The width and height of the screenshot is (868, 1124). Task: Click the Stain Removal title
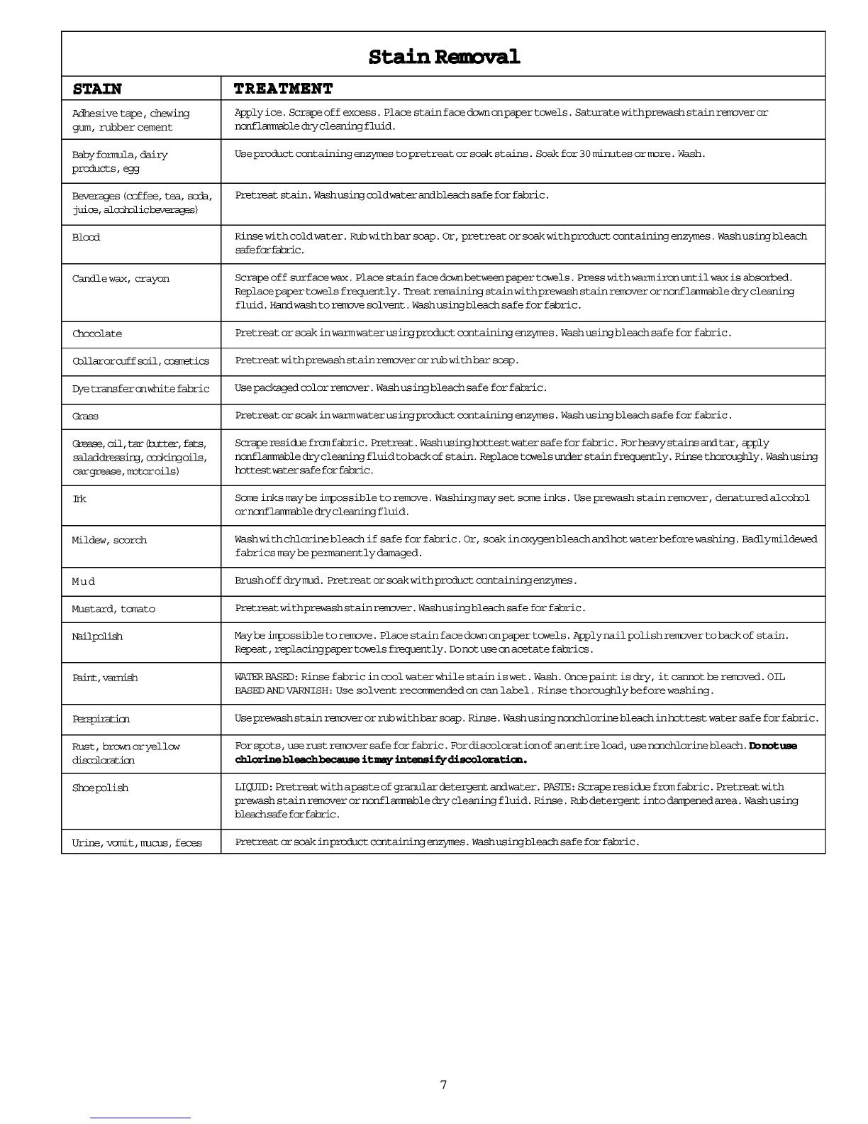pyautogui.click(x=444, y=57)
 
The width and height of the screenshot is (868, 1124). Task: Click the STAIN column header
pyautogui.click(x=97, y=89)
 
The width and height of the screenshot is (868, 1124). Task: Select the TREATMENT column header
pyautogui.click(x=283, y=89)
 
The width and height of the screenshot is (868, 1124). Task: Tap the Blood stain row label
pyautogui.click(x=86, y=237)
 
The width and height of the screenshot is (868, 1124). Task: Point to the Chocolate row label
pyautogui.click(x=97, y=334)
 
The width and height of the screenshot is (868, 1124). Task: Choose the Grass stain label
pyautogui.click(x=85, y=417)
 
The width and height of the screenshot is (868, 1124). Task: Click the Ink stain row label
pyautogui.click(x=79, y=499)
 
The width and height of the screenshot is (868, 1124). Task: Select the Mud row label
pyautogui.click(x=84, y=581)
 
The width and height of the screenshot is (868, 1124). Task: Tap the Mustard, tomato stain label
pyautogui.click(x=113, y=609)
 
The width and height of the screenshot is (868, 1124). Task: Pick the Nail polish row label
pyautogui.click(x=97, y=637)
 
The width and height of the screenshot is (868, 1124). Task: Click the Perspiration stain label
pyautogui.click(x=101, y=719)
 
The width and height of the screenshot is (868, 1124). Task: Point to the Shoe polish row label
pyautogui.click(x=100, y=788)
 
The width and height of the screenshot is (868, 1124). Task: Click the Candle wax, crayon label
pyautogui.click(x=121, y=278)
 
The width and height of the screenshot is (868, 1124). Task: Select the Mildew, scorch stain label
pyautogui.click(x=109, y=540)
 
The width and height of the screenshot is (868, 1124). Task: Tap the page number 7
pyautogui.click(x=443, y=1084)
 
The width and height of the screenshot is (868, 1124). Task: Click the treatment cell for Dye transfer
pyautogui.click(x=391, y=388)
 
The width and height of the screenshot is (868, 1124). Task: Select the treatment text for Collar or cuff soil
pyautogui.click(x=377, y=360)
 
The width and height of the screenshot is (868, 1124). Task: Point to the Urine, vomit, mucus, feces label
pyautogui.click(x=137, y=842)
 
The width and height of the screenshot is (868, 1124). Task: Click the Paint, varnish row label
pyautogui.click(x=105, y=678)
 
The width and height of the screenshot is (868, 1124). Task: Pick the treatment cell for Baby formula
pyautogui.click(x=469, y=154)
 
